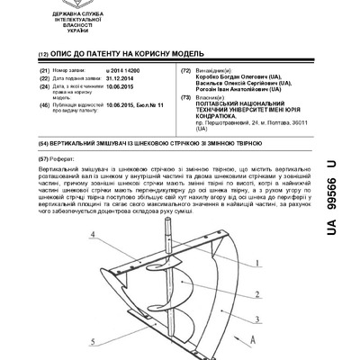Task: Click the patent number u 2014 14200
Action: pos(123,69)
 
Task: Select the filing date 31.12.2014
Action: pos(121,77)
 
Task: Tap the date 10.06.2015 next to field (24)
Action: pos(121,87)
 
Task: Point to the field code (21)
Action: pos(43,69)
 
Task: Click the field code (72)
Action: pos(185,69)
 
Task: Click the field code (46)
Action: pos(43,105)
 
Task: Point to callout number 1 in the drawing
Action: pos(258,263)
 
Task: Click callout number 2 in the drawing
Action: pos(258,293)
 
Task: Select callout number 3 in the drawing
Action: pos(258,319)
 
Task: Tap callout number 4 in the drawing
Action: pos(94,235)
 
